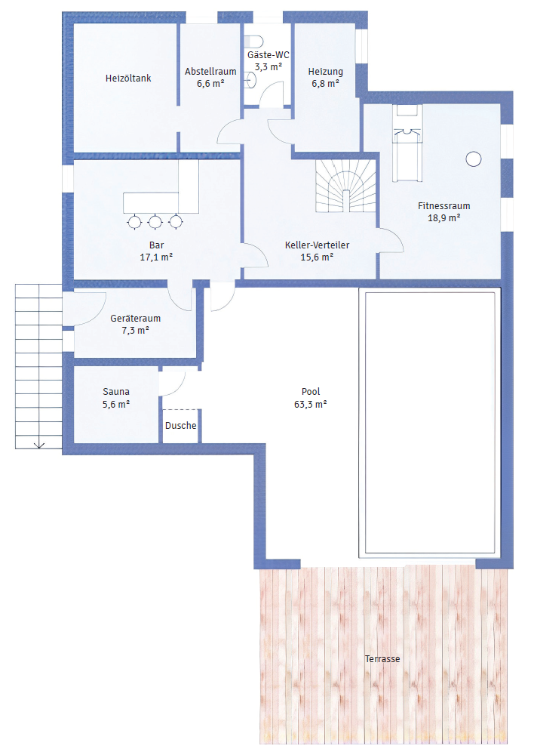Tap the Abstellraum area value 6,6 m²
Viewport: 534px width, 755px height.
[x=210, y=84]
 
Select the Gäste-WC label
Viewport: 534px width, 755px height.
[x=268, y=55]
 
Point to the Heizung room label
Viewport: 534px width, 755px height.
[x=325, y=72]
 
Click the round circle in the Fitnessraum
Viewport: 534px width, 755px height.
[x=474, y=159]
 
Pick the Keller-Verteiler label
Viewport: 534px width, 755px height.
[x=317, y=245]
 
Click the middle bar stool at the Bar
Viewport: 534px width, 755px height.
[x=156, y=221]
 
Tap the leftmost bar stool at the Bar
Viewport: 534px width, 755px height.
[x=135, y=221]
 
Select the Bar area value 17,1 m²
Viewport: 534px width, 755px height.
[x=157, y=257]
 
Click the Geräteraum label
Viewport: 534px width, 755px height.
[x=135, y=319]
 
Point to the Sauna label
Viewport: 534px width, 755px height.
[x=116, y=392]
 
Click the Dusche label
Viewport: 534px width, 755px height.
[x=180, y=426]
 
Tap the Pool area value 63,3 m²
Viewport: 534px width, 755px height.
[x=310, y=405]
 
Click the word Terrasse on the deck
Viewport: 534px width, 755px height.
[x=382, y=658]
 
